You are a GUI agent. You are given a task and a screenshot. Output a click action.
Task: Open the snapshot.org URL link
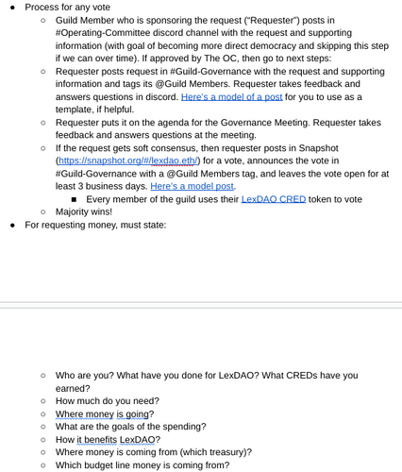(127, 160)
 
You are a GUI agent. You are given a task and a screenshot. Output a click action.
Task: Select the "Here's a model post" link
(193, 186)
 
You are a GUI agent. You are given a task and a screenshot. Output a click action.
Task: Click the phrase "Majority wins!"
(83, 211)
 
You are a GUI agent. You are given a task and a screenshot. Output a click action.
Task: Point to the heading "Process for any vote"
(67, 7)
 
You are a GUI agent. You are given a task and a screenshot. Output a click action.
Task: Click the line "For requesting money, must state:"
(95, 225)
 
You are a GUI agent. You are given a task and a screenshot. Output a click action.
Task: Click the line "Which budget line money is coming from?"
(142, 464)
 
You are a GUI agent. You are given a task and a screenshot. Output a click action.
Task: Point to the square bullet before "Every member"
(74, 199)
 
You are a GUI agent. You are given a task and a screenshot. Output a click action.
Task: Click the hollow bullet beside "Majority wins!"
(43, 211)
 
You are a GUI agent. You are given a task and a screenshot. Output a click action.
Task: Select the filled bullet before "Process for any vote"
(12, 7)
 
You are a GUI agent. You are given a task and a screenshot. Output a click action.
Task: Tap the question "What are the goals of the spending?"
(131, 426)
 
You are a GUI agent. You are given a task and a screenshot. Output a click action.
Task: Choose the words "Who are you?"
(88, 375)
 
